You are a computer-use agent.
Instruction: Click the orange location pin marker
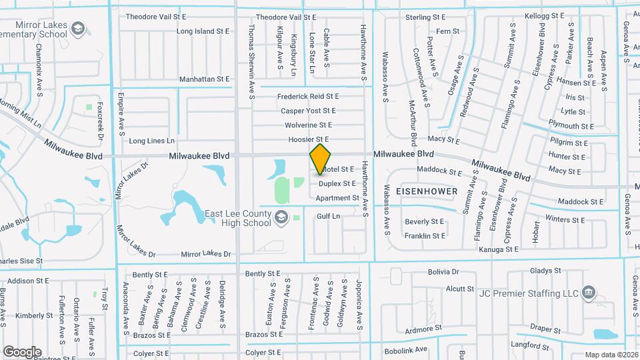(x=321, y=158)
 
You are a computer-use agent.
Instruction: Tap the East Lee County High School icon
(x=281, y=217)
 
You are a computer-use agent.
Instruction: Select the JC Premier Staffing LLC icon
(x=589, y=292)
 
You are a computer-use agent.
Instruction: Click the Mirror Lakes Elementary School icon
(x=78, y=28)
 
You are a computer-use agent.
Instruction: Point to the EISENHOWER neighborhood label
(x=427, y=191)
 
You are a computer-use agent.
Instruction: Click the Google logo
(x=22, y=351)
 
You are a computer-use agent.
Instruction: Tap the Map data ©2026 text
(x=611, y=355)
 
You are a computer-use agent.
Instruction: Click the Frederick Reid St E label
(x=308, y=97)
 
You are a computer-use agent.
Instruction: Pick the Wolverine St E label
(x=308, y=125)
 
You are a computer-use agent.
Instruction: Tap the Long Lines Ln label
(x=151, y=141)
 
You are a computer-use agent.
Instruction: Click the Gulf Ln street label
(x=329, y=217)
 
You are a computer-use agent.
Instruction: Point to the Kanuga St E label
(x=499, y=249)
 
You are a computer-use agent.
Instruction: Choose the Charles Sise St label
(x=20, y=261)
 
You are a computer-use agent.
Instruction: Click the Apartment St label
(x=337, y=198)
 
